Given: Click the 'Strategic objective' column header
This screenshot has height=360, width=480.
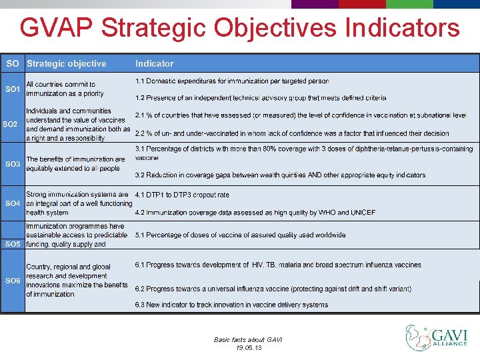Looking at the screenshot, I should pos(66,64).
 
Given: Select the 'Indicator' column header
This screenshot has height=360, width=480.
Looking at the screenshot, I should pos(154,64).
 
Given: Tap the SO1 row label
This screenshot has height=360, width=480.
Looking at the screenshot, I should pos(13,89).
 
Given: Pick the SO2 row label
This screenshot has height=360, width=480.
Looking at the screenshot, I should pos(11,124).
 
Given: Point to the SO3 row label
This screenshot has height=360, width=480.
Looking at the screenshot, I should pos(13,163).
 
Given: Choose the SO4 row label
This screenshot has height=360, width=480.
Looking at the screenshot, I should pos(13,203).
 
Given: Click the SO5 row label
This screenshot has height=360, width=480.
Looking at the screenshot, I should pos(13,244).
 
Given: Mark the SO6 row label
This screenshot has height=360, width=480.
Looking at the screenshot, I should pos(13,281).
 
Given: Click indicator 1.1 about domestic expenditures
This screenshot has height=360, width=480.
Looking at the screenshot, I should pos(231,81).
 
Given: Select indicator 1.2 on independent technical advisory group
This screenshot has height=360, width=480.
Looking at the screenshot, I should pos(260,98).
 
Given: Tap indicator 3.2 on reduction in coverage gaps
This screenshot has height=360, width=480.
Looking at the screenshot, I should pos(280,175).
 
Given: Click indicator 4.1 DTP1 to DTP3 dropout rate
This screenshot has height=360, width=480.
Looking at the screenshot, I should pos(181,195).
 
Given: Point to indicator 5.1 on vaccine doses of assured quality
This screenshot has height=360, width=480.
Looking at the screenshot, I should pos(240,235).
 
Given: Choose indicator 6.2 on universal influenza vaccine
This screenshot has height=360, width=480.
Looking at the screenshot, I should pos(273,289).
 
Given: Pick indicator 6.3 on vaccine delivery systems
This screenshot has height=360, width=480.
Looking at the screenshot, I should pos(231,305).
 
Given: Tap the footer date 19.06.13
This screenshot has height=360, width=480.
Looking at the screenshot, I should pos(249,348).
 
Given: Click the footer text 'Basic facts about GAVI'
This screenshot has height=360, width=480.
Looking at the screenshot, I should pos(248,339).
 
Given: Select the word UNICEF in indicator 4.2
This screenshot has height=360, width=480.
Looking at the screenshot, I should pos(363,213).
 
